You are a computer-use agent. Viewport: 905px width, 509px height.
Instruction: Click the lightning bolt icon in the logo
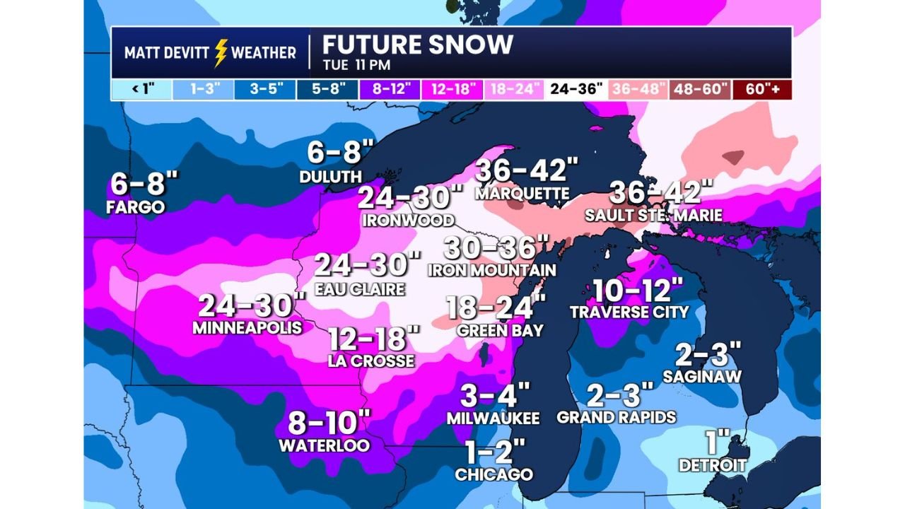[221, 52]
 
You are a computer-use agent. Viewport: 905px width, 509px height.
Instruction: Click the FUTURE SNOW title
[417, 45]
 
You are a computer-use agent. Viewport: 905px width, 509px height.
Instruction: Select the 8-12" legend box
[391, 90]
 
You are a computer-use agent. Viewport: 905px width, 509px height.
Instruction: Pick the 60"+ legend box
[762, 90]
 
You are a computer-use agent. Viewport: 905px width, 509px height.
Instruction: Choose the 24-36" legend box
[576, 90]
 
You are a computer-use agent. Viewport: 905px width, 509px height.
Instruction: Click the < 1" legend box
[142, 90]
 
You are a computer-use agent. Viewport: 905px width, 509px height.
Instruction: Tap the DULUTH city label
[330, 177]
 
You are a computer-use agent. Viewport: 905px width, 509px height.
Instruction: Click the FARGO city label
[135, 207]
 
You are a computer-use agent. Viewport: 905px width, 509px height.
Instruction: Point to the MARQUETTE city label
[522, 193]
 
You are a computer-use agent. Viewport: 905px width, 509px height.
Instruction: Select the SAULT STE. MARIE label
[653, 215]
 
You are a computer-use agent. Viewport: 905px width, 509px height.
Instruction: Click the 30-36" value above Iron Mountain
[497, 248]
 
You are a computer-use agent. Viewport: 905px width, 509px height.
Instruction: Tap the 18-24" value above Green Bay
[496, 309]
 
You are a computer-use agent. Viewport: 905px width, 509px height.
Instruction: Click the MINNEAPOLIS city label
[247, 328]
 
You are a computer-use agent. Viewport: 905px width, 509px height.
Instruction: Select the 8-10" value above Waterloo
[329, 424]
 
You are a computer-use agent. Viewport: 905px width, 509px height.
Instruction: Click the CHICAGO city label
[494, 474]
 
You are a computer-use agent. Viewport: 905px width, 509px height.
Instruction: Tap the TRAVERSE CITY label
[629, 312]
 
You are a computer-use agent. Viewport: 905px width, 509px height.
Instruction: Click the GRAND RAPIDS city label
[617, 417]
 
